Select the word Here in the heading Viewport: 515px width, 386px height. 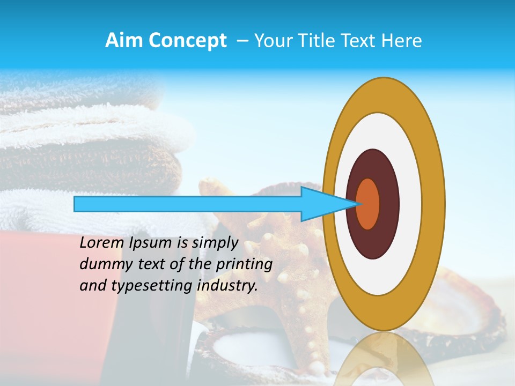click(x=403, y=41)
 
